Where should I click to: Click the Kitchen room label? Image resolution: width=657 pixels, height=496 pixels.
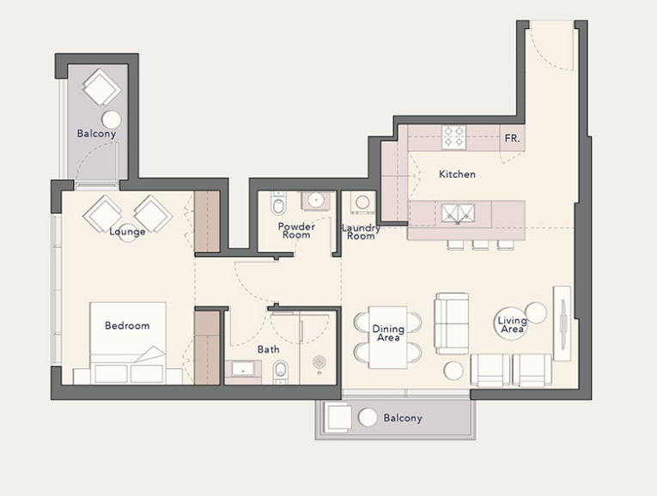coord(457,174)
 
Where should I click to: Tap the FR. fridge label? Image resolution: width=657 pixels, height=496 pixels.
coord(512,138)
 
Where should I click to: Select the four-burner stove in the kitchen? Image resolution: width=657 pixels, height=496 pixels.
coord(453,136)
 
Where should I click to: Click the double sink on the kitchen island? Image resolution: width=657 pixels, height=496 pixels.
coord(458,214)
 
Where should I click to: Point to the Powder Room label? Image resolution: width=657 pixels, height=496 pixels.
coord(296,231)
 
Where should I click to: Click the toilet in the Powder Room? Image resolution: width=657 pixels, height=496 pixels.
coord(277,203)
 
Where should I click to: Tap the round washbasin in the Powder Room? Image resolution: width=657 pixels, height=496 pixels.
coord(315,200)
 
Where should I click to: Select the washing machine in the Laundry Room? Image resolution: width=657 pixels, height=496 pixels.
coord(362,203)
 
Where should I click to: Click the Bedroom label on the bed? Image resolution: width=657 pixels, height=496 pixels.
coord(127,325)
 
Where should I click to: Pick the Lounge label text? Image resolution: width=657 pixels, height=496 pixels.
coord(127,232)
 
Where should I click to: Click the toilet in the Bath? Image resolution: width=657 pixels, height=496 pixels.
coord(280,372)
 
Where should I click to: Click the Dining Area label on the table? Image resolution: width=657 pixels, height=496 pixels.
coord(388,333)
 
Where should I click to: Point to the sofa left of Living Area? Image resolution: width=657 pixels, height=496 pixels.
coord(451,324)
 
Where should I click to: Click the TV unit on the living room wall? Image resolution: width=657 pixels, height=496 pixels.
coord(563,324)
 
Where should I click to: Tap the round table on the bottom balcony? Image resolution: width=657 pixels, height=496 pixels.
coord(368,417)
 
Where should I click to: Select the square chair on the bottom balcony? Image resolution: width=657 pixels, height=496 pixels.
coord(337,418)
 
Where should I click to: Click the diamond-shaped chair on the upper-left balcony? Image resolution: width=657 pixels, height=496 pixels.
coord(102,87)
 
